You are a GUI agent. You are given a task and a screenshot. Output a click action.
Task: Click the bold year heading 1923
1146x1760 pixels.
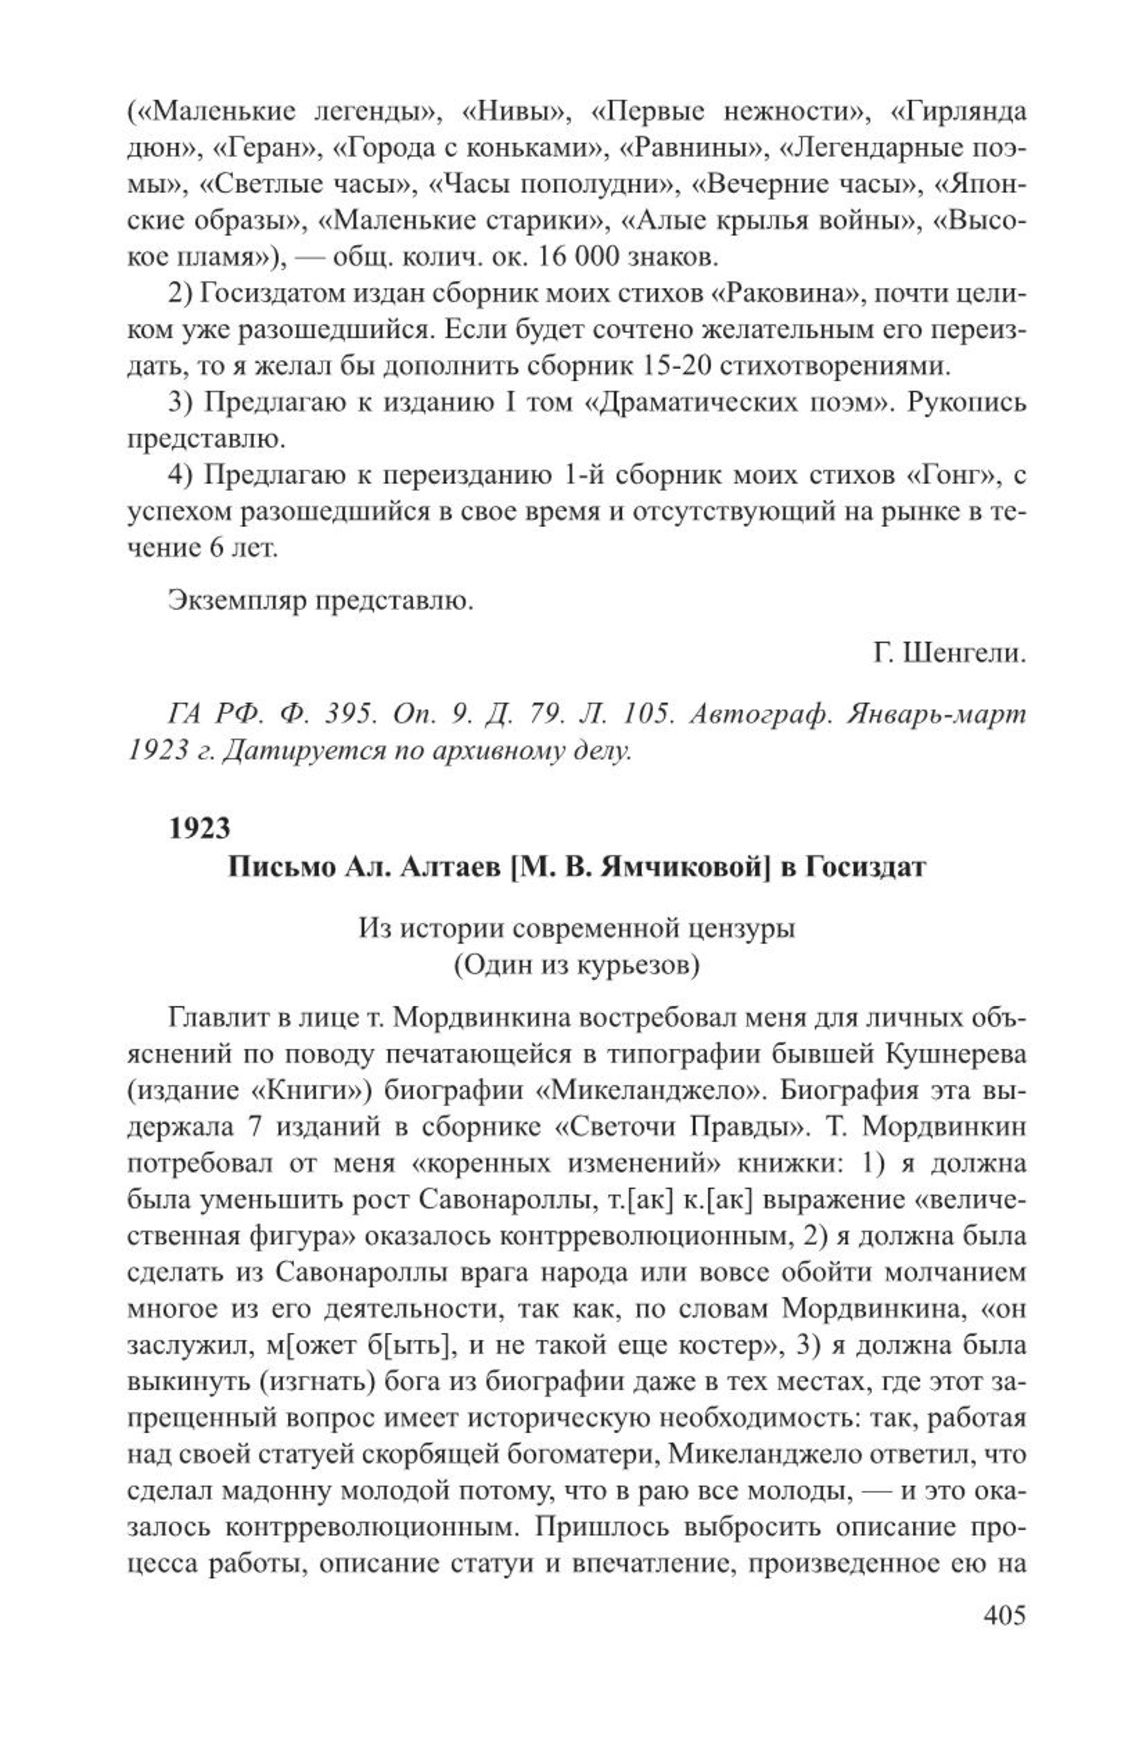(x=200, y=827)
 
